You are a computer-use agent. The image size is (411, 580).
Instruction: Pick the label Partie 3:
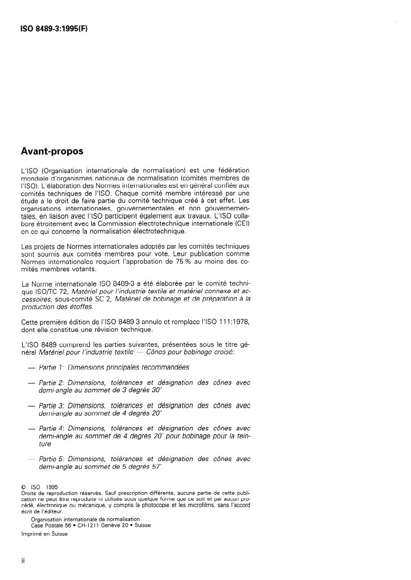tap(53, 406)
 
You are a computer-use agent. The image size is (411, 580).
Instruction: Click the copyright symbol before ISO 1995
tap(23, 487)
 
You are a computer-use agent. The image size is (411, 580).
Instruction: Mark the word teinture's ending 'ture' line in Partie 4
tap(45, 444)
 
